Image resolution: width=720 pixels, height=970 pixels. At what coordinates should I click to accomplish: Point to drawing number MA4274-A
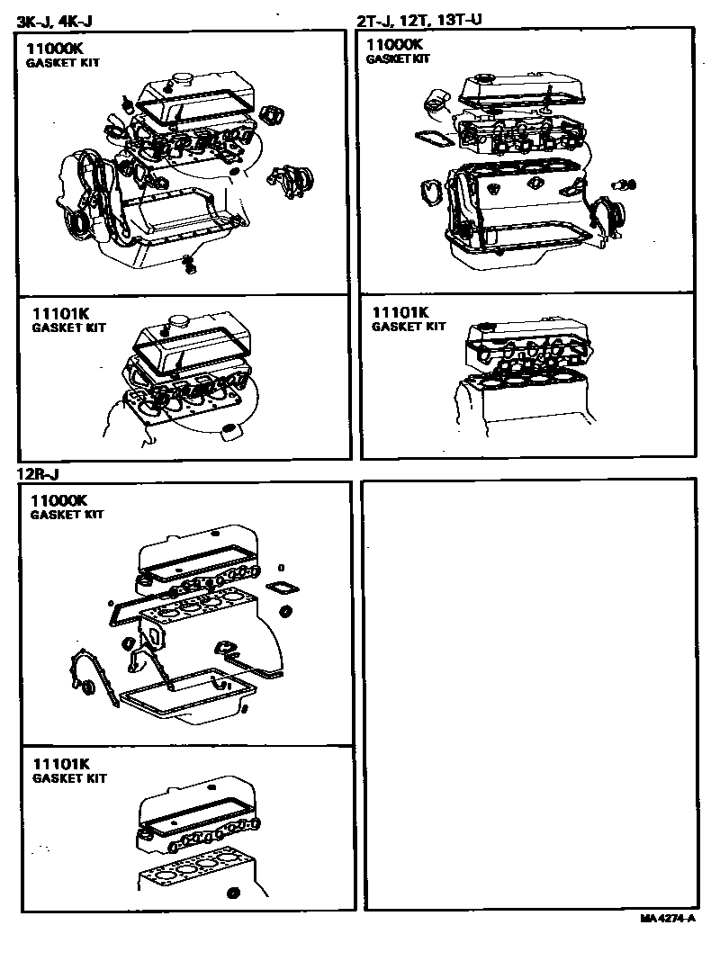pyautogui.click(x=668, y=919)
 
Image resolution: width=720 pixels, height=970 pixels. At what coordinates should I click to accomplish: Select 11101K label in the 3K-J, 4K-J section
pyautogui.click(x=61, y=313)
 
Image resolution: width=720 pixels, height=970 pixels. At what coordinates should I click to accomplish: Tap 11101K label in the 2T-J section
pyautogui.click(x=400, y=312)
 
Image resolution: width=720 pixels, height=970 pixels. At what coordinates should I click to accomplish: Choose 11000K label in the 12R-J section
pyautogui.click(x=58, y=500)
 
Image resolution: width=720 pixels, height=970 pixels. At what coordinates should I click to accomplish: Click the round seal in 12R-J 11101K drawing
pyautogui.click(x=235, y=894)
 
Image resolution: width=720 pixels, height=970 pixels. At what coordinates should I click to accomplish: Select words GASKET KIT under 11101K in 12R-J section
pyautogui.click(x=68, y=778)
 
